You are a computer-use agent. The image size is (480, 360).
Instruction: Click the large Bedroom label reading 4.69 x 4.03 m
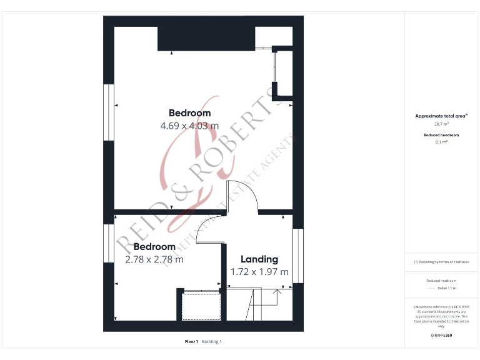189,113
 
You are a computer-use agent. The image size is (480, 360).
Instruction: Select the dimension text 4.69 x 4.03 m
189,125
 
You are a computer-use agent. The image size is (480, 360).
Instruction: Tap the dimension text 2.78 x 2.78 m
154,259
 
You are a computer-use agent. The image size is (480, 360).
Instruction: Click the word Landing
259,259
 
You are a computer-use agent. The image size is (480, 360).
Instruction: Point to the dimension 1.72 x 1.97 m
259,271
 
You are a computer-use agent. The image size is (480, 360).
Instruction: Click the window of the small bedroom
109,242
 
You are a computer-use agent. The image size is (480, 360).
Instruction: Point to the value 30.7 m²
442,124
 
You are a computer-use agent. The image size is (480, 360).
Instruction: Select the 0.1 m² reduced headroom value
442,142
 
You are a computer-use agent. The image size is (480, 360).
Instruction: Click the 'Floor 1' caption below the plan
191,341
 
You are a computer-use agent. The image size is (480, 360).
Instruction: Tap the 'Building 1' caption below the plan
211,341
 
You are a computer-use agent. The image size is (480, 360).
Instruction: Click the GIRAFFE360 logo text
441,336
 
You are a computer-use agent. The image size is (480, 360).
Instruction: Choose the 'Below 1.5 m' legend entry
447,288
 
